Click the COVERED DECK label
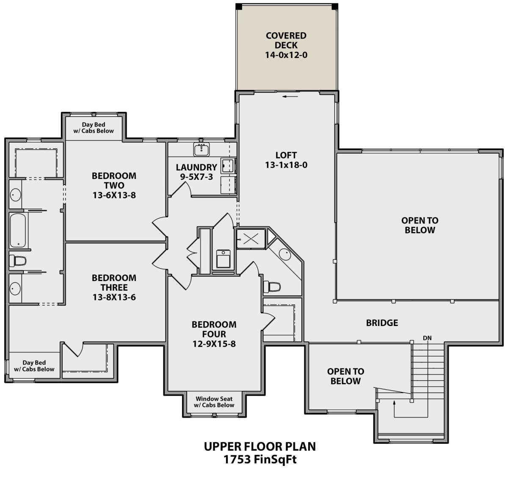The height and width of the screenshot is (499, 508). coord(286,41)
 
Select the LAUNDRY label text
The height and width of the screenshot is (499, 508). coord(196,167)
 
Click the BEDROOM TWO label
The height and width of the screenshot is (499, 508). coord(114,181)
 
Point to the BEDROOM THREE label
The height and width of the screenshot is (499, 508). coord(114,283)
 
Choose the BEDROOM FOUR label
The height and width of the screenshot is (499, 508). coord(214,329)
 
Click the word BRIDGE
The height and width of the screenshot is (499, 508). coord(382,323)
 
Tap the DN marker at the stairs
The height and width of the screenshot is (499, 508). coord(427,338)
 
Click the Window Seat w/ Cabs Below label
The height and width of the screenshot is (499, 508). coord(214,402)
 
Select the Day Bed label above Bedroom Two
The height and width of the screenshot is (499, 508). coord(94,128)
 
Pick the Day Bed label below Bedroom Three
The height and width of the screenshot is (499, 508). coord(34,366)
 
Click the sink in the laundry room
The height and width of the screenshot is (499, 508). coord(202,149)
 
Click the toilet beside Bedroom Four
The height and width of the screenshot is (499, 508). coord(272,287)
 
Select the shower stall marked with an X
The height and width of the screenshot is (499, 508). coord(251,239)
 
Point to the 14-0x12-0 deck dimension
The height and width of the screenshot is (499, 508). coord(286,55)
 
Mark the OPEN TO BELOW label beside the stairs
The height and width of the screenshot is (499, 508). coord(345,376)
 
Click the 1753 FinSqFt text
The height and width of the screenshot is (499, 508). coord(260,460)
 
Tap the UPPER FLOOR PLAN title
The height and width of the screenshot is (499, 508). coord(260,446)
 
